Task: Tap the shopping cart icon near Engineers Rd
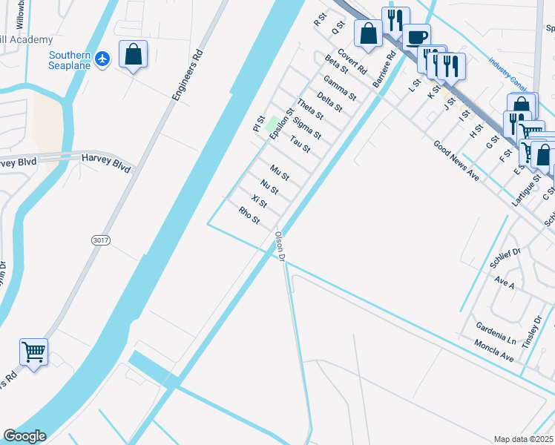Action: tap(34, 352)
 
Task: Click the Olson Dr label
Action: tap(280, 246)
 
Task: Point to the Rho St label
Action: tap(249, 216)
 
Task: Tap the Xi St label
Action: tap(259, 202)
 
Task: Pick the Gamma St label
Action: tap(341, 88)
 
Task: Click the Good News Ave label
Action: tap(456, 161)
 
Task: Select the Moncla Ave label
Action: tap(495, 352)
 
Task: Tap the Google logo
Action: tap(24, 436)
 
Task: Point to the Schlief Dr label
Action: tap(507, 257)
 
